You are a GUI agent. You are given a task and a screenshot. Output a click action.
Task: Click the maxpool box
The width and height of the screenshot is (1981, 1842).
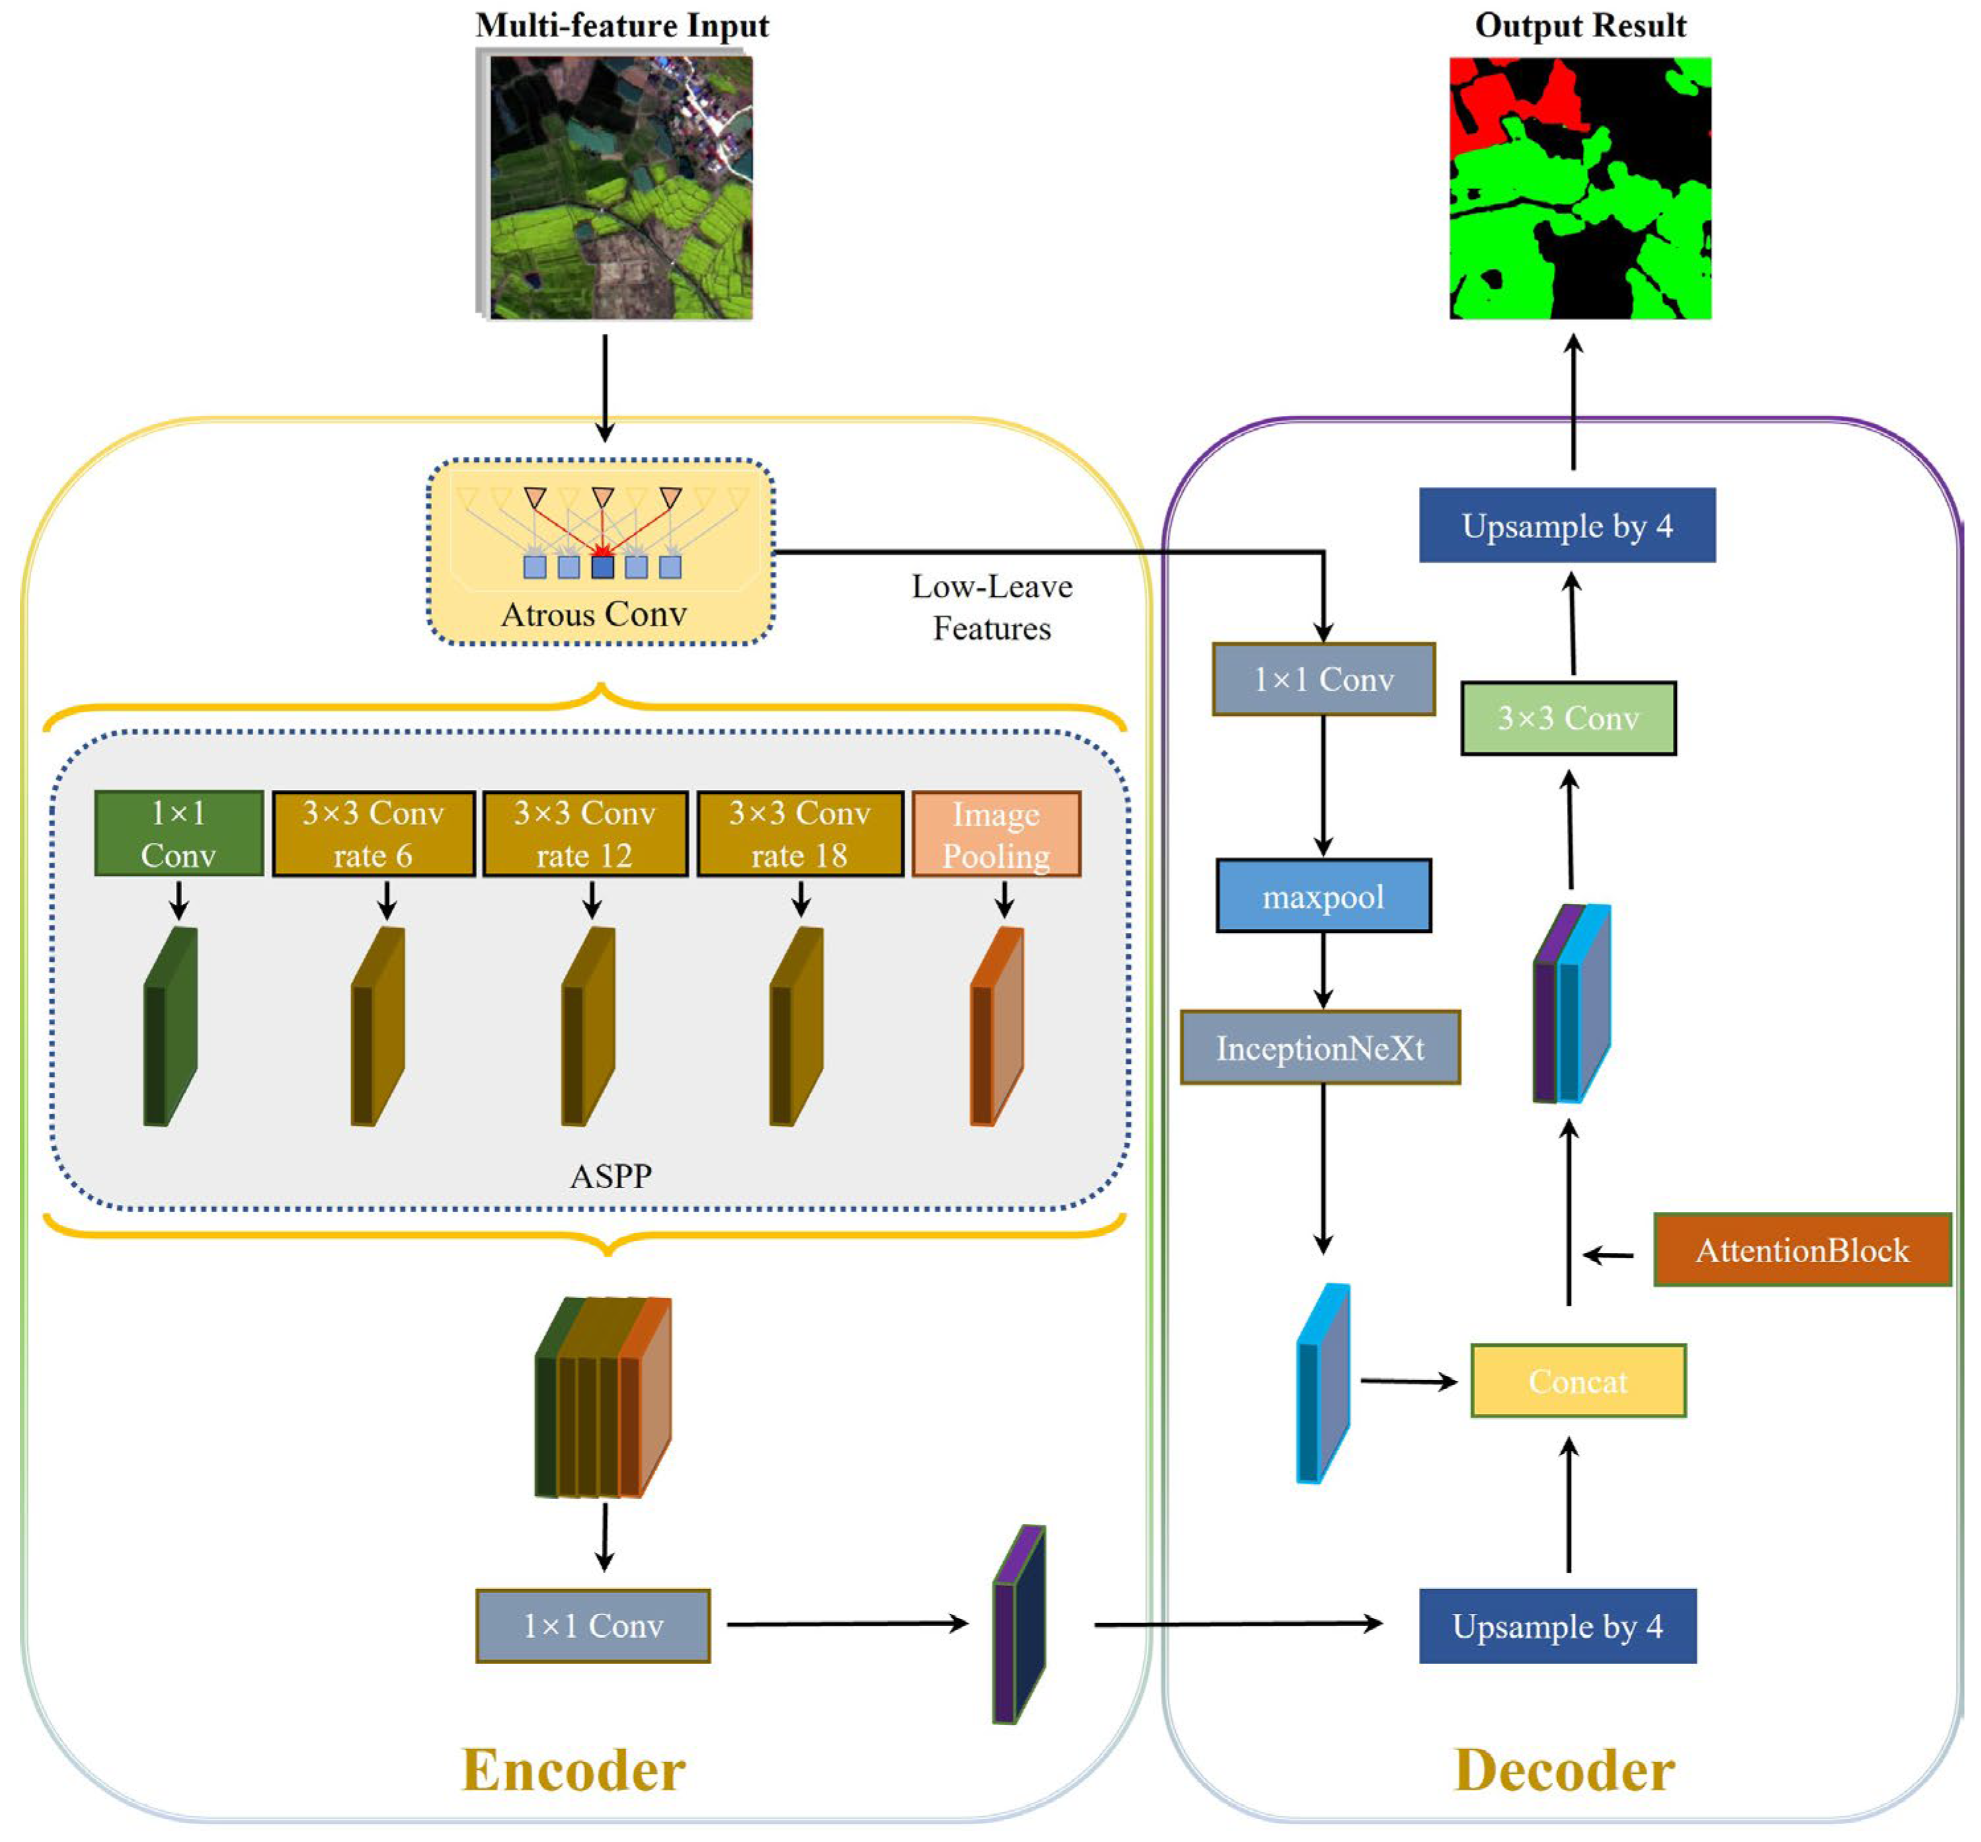[1323, 896]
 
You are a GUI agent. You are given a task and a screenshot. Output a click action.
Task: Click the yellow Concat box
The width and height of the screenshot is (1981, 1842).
[1578, 1381]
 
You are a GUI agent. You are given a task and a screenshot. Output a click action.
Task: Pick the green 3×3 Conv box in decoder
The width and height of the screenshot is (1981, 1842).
[1568, 718]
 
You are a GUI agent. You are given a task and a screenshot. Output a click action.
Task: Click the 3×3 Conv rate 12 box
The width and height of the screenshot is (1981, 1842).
[585, 834]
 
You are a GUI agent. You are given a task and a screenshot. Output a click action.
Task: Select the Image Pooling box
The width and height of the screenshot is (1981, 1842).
[996, 834]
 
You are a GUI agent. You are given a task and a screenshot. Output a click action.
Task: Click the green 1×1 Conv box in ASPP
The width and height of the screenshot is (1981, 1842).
[179, 834]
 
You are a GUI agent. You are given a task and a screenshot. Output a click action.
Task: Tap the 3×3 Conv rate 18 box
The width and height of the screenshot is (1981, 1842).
[799, 834]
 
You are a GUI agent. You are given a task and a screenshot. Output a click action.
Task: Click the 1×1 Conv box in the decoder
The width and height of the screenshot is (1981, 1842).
[1323, 680]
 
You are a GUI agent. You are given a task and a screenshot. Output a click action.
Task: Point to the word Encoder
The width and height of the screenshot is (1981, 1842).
[573, 1771]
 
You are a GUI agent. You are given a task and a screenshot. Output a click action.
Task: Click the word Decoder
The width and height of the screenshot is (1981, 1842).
[1564, 1771]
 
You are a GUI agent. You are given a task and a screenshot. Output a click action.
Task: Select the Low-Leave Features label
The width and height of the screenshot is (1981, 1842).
[992, 607]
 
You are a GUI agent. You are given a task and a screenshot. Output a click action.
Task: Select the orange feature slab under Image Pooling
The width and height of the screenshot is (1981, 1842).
[996, 1027]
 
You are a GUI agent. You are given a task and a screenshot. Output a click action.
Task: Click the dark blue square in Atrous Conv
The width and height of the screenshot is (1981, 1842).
[602, 567]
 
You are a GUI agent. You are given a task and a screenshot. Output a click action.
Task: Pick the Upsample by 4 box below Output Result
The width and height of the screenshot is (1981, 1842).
[1566, 525]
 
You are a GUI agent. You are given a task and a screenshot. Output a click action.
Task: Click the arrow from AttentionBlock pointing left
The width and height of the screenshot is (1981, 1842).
[1608, 1256]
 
